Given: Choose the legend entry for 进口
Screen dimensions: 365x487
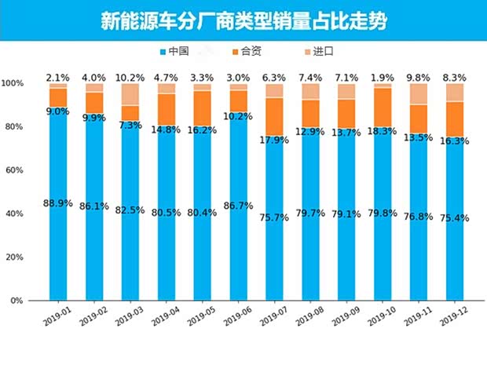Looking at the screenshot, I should tap(318, 52).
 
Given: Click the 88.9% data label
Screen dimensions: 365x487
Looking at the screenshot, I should tap(58, 203).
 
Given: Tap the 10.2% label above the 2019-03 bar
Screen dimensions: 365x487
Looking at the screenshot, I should tap(130, 78).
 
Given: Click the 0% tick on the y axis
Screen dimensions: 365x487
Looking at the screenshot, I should tap(16, 301).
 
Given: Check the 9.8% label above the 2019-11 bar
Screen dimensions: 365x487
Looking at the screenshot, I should tap(419, 78).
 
